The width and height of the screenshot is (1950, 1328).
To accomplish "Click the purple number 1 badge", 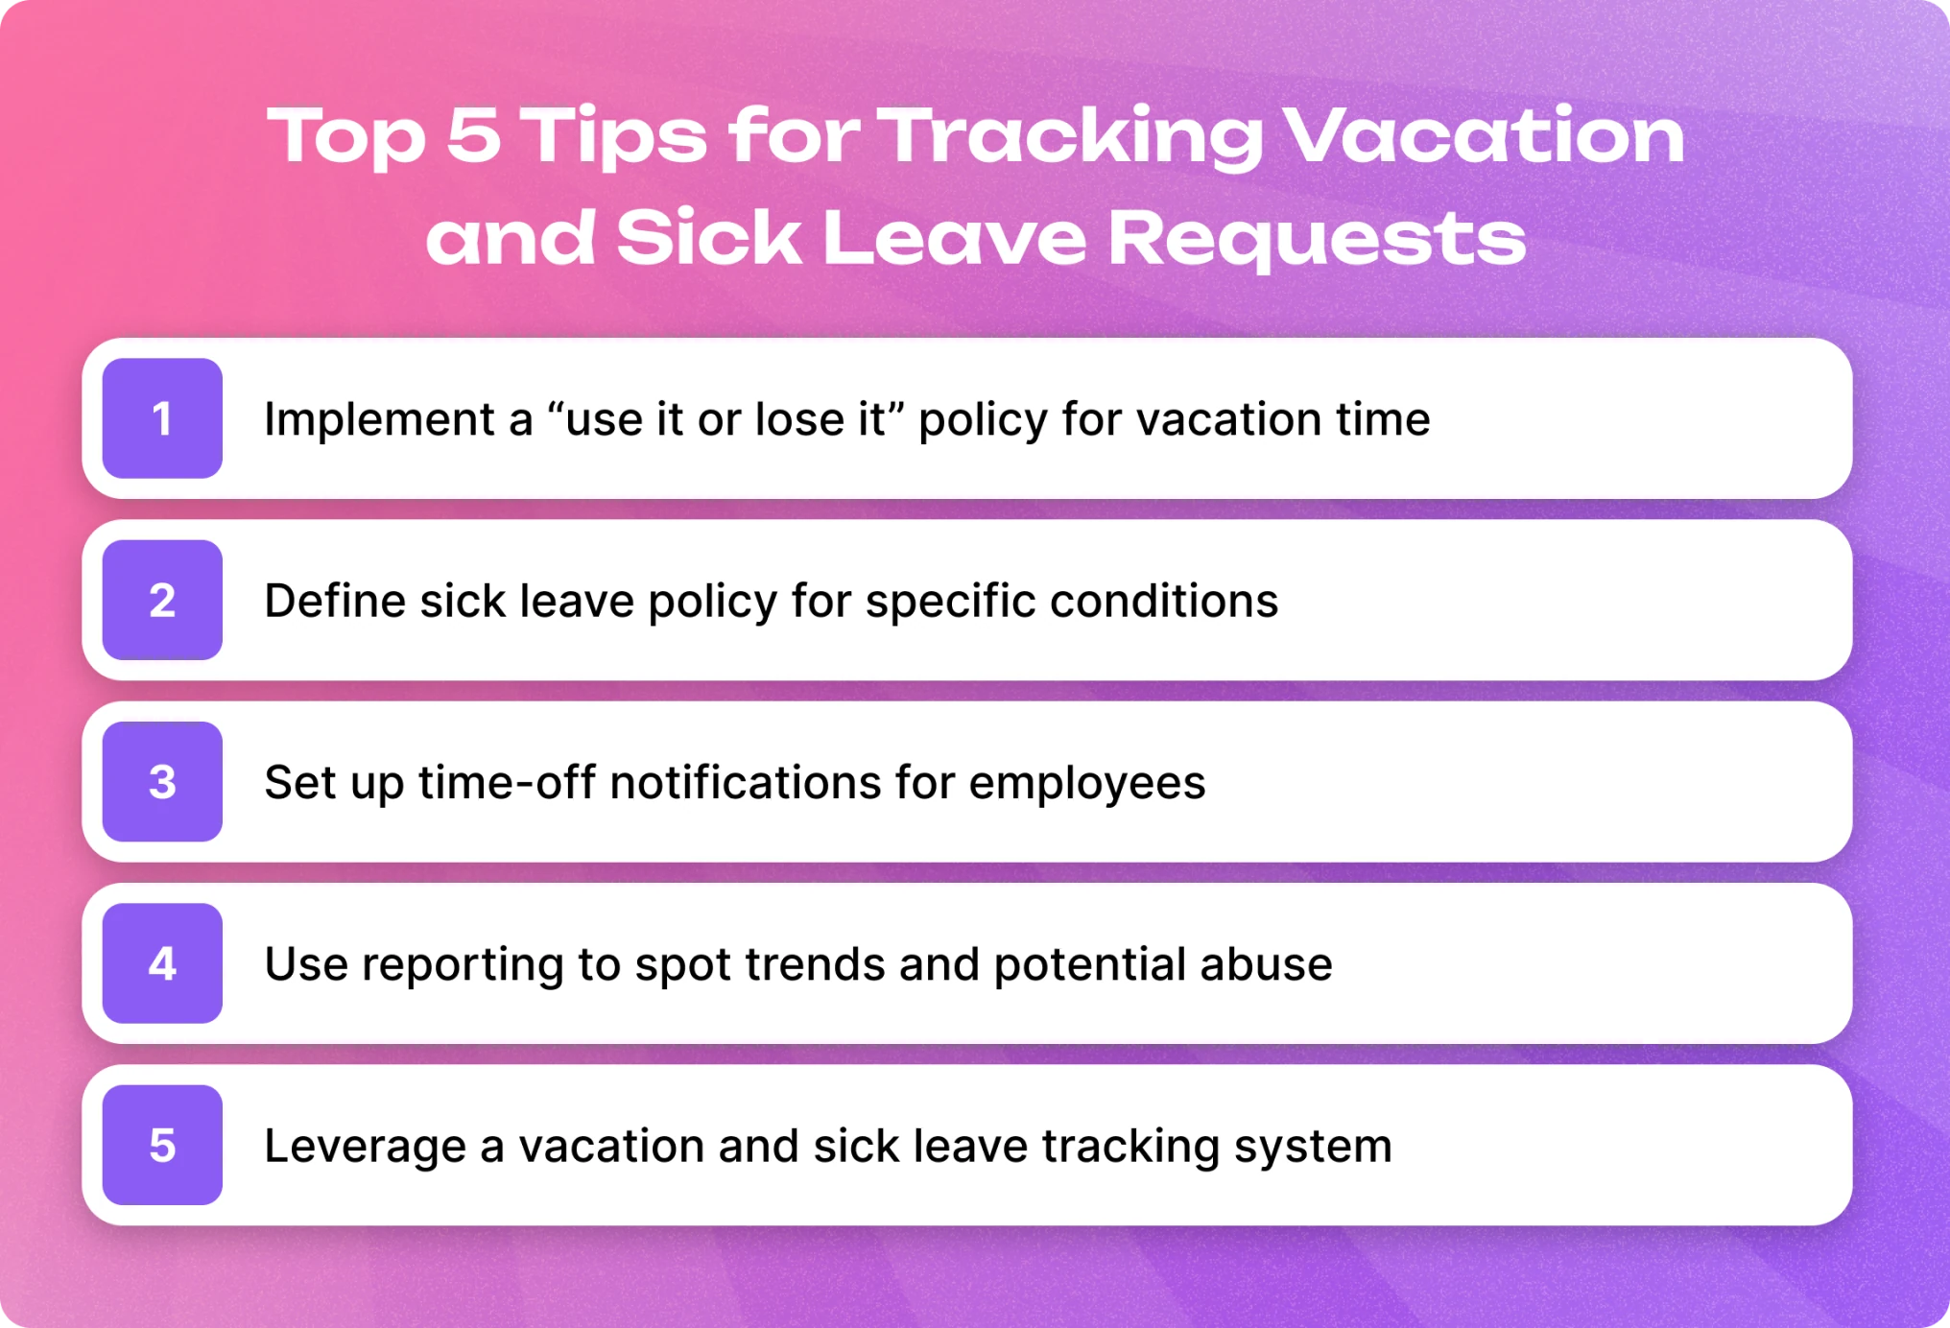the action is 162,418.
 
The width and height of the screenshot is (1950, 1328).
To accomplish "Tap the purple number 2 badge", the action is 162,600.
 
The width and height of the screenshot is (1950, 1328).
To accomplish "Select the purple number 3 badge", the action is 162,781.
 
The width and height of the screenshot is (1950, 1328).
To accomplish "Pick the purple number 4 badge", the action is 162,963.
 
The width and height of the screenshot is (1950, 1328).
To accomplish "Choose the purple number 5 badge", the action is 162,1145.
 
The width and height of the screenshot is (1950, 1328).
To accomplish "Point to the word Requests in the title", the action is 1317,241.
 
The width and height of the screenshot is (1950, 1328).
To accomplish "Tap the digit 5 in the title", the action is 474,134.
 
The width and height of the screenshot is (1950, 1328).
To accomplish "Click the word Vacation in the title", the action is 1484,134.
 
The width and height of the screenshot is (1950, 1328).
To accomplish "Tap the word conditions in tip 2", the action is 1164,601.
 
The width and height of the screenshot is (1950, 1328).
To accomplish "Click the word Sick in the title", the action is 708,238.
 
